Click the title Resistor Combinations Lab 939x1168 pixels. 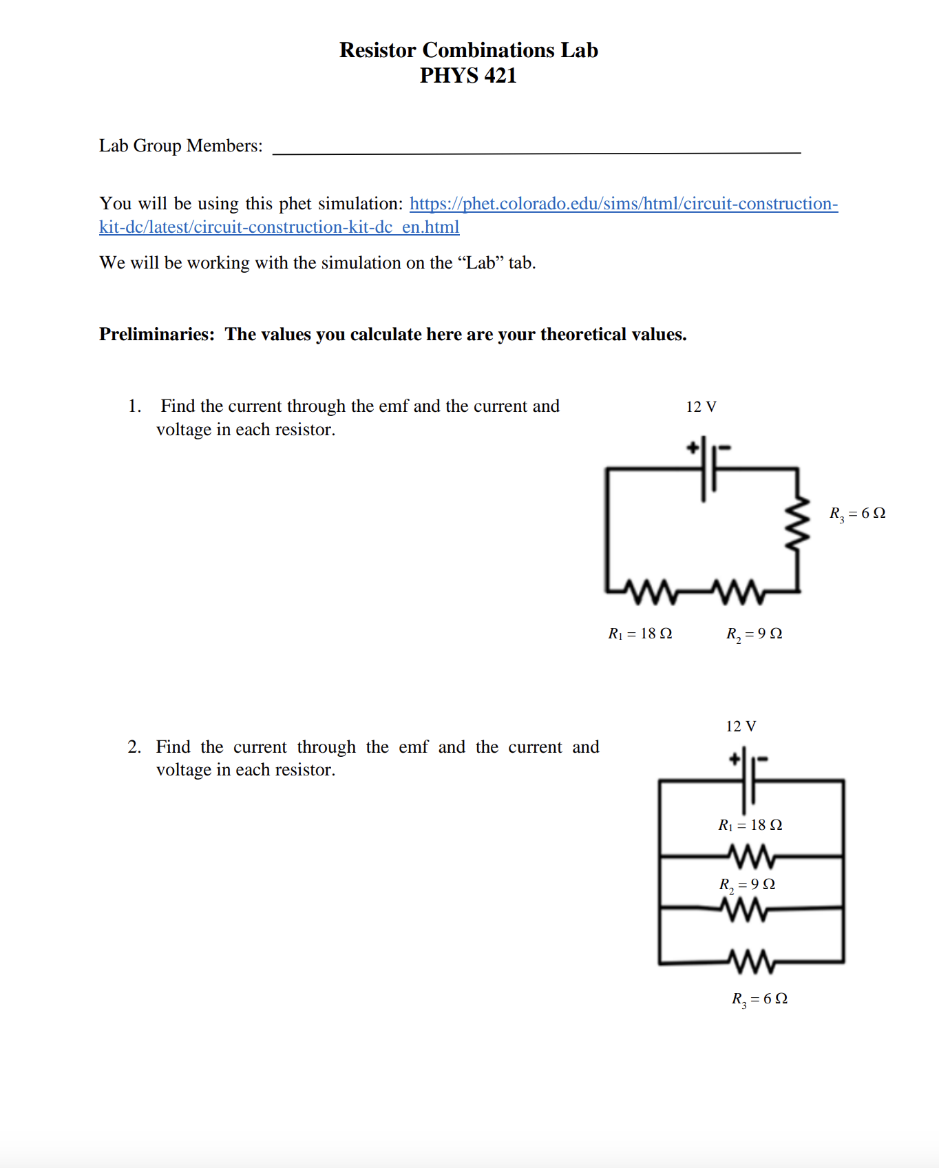coord(468,50)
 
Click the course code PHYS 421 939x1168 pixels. coord(468,76)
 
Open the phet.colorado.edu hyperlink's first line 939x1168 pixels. coord(623,204)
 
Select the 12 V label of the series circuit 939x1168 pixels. coord(701,407)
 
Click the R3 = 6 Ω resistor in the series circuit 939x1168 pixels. coord(798,522)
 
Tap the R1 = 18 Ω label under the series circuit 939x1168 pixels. coord(640,634)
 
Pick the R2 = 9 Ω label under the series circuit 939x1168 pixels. coord(754,634)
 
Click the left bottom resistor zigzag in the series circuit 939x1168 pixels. coord(651,592)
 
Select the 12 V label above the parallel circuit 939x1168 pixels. coord(741,727)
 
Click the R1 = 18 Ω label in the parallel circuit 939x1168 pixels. coord(750,825)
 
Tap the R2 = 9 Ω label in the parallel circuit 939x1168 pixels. coord(747,885)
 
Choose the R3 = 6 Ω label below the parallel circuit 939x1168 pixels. coord(759,999)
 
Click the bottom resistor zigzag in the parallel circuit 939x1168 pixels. coord(751,961)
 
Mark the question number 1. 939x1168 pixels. coord(134,406)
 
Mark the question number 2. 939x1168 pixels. coord(134,747)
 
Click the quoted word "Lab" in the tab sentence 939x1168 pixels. coord(481,263)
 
